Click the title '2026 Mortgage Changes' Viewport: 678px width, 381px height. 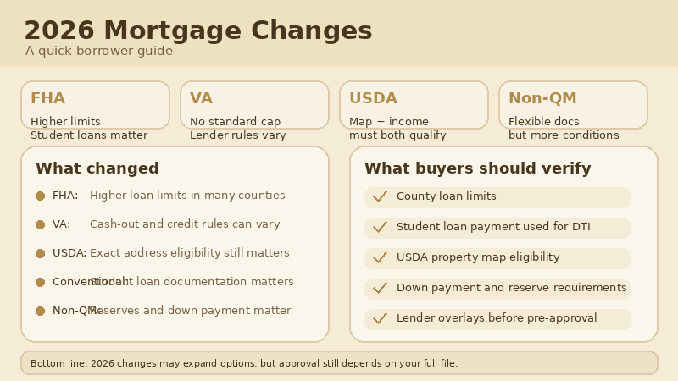tap(197, 30)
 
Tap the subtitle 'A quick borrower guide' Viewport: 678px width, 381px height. tap(98, 51)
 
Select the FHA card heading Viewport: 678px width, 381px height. tap(47, 98)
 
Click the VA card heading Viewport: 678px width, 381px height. tap(201, 98)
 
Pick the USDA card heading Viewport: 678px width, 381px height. tap(373, 98)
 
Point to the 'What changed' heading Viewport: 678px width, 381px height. tap(97, 168)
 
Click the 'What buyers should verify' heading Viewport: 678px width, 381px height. tap(477, 168)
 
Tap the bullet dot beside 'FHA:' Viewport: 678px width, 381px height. tap(40, 196)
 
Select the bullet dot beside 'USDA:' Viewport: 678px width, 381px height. tap(40, 253)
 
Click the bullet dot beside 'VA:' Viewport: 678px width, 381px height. tap(40, 224)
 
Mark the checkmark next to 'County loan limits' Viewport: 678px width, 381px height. tap(380, 196)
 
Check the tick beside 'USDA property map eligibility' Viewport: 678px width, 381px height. tap(380, 257)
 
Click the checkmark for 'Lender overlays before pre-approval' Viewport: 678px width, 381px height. tap(380, 318)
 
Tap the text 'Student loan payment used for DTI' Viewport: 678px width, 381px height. tap(493, 227)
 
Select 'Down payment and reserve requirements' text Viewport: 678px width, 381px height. tap(511, 288)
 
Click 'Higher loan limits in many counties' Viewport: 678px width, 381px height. tap(187, 196)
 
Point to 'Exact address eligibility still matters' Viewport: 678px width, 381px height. tap(189, 253)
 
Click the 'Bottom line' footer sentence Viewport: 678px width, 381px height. tap(244, 363)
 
